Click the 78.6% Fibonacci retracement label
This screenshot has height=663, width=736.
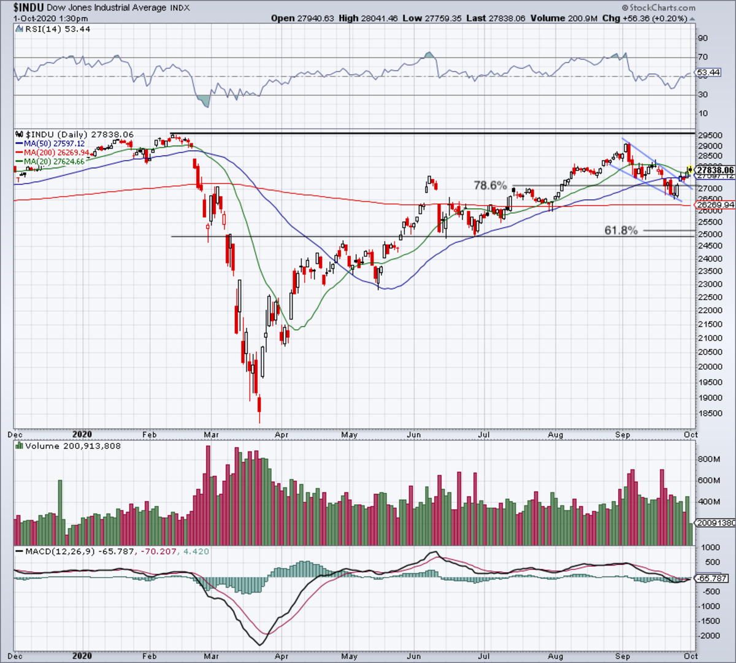click(490, 185)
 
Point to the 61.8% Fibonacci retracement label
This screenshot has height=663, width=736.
click(621, 231)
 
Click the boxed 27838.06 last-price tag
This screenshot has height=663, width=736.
click(715, 170)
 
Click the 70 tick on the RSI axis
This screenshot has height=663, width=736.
click(702, 57)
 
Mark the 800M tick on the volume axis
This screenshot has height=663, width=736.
click(710, 459)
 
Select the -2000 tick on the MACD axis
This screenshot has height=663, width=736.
click(709, 636)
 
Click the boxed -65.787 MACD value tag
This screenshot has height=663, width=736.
click(712, 578)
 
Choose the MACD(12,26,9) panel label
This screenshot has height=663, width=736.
click(58, 551)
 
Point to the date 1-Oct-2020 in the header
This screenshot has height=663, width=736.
click(36, 18)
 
